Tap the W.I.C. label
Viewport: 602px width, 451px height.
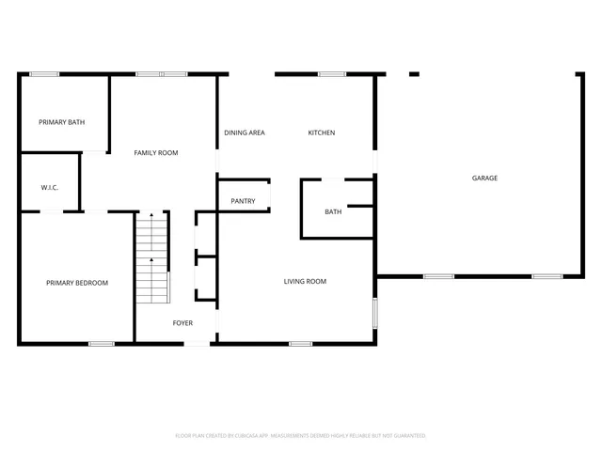(50, 188)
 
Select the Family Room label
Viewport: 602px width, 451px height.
(156, 152)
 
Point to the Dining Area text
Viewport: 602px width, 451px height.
(245, 132)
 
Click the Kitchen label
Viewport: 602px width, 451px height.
(322, 132)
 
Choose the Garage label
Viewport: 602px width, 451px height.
(485, 178)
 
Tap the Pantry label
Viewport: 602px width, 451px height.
(243, 201)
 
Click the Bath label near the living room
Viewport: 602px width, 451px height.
(333, 212)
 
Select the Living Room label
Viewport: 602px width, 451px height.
(306, 281)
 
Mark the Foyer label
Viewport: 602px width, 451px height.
(182, 323)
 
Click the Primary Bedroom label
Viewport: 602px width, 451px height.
(77, 283)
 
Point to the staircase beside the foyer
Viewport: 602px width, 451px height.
(151, 258)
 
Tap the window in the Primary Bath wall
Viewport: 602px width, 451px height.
(44, 74)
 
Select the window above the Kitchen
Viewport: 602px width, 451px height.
(331, 74)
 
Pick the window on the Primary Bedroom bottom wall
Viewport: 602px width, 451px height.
(102, 344)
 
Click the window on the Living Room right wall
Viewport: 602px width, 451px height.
(375, 312)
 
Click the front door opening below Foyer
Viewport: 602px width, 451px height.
(197, 344)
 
